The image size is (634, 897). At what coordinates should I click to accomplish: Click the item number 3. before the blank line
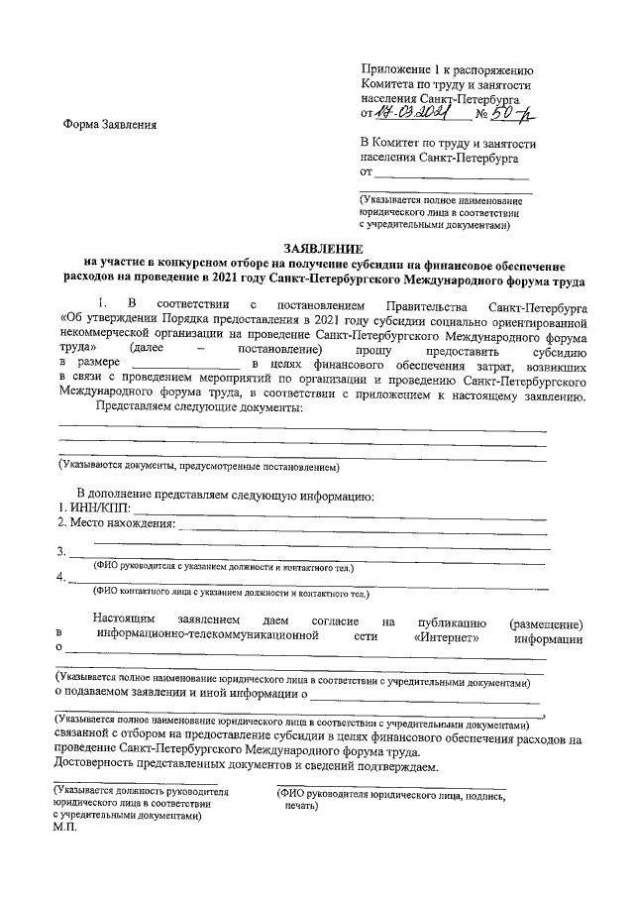click(x=61, y=552)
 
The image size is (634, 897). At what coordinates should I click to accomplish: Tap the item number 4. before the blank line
click(x=61, y=578)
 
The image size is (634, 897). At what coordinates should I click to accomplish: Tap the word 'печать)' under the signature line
click(x=300, y=807)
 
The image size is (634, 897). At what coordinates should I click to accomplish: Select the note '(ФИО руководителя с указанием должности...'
click(x=223, y=567)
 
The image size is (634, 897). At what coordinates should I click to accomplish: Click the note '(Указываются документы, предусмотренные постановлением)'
click(x=198, y=465)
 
